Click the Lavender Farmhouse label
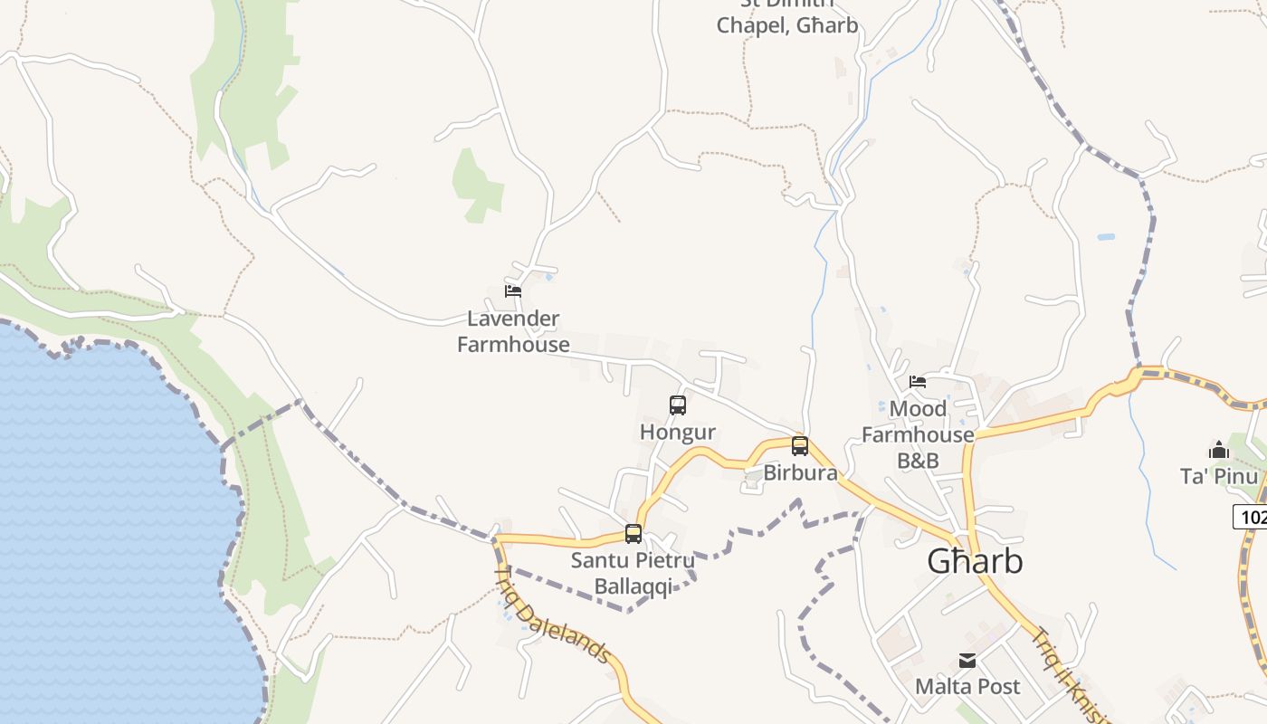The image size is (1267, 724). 513,331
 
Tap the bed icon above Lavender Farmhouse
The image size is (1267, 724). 513,291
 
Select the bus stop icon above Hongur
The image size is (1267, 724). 678,405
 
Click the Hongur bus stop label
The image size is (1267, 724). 678,433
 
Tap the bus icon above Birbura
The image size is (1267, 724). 800,445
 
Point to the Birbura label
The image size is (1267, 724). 800,473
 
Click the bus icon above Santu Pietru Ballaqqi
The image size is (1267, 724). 633,534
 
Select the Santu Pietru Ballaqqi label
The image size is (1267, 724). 633,573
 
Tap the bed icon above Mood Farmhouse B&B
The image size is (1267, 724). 918,382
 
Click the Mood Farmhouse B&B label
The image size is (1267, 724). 918,434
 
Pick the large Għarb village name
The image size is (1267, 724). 975,562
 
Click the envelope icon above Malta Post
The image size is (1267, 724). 967,661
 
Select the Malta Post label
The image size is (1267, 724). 967,687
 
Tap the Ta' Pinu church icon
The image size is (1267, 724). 1219,450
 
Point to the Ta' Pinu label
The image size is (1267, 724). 1219,477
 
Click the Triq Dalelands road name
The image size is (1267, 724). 552,615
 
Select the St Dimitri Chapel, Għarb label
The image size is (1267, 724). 787,18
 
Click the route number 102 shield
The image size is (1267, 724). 1253,518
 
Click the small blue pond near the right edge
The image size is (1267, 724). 1106,237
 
